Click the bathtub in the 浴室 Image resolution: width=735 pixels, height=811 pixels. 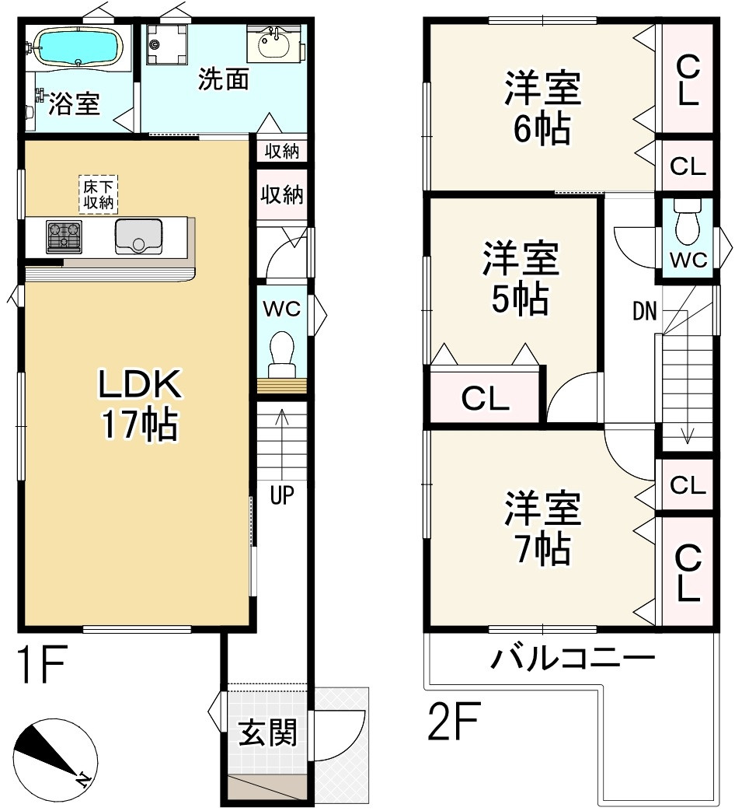pyautogui.click(x=78, y=47)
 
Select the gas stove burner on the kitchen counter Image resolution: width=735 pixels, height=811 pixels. pyautogui.click(x=64, y=236)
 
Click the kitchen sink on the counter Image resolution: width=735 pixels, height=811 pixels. pyautogui.click(x=138, y=237)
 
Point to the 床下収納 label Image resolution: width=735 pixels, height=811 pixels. pyautogui.click(x=98, y=194)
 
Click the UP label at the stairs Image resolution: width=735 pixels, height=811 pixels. pyautogui.click(x=282, y=495)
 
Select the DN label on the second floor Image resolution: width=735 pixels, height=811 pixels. pyautogui.click(x=645, y=311)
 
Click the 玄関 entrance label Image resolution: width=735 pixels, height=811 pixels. pyautogui.click(x=268, y=732)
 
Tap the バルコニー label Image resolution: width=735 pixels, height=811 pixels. pyautogui.click(x=573, y=658)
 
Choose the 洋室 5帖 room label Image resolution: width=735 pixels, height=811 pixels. pyautogui.click(x=520, y=278)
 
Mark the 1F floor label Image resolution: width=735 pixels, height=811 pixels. pyautogui.click(x=41, y=663)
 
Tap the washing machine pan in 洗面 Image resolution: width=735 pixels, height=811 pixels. pyautogui.click(x=166, y=44)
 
